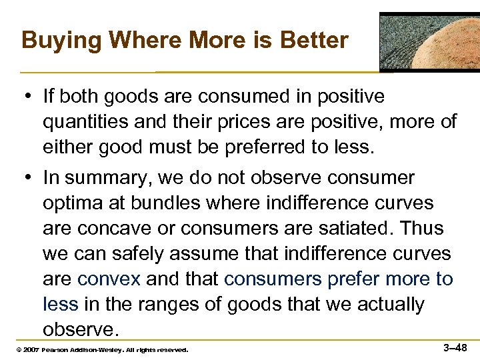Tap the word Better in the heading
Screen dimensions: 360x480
313,40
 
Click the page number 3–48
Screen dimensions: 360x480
455,347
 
